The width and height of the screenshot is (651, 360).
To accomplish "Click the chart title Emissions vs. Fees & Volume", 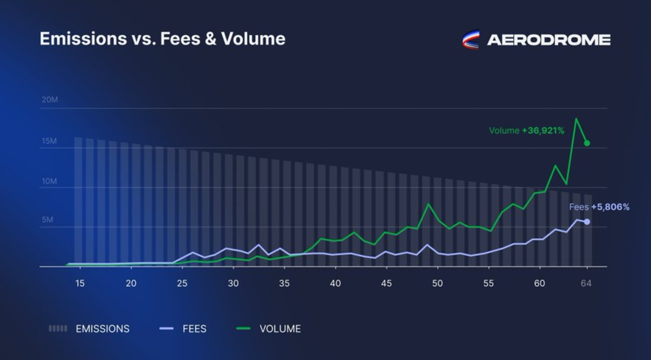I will coord(163,39).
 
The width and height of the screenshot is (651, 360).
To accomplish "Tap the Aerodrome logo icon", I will coord(471,40).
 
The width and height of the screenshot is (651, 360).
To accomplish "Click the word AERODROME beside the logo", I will coord(548,40).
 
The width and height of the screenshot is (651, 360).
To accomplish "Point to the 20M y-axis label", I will coord(49,100).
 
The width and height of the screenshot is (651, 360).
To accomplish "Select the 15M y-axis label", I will coord(49,141).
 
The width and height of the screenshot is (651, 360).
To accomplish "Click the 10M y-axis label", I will coord(49,181).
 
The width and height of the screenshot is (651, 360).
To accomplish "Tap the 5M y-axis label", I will coord(47,220).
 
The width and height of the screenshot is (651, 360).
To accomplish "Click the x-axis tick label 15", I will coord(80,284).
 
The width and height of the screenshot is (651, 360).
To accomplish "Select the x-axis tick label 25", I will coord(182,284).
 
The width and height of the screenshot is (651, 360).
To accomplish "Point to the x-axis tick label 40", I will coord(335,284).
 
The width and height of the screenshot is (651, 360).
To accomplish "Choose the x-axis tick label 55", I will coord(488,284).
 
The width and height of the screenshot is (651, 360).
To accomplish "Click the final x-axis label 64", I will coord(586,284).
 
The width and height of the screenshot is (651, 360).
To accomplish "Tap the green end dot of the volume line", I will coord(587,143).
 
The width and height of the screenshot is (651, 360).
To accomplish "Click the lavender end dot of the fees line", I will coord(587,221).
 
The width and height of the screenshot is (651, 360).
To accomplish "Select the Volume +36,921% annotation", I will coord(526,131).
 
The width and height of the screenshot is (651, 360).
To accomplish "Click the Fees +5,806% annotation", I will coord(599,207).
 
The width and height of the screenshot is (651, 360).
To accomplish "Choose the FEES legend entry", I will coord(183,329).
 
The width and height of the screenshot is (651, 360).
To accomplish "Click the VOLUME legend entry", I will coord(269,329).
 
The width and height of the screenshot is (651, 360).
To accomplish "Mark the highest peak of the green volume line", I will coord(576,119).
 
